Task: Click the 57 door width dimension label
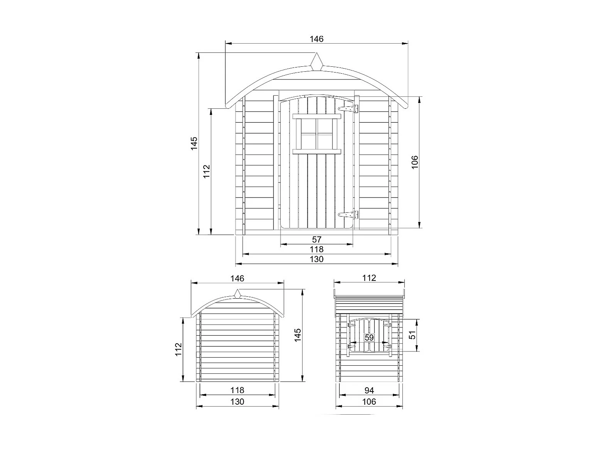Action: (317, 240)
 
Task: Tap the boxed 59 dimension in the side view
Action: (369, 338)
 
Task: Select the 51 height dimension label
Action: (413, 335)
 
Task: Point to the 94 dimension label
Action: (369, 390)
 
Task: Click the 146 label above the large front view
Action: (317, 39)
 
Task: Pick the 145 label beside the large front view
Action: (194, 143)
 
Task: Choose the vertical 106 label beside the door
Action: (415, 162)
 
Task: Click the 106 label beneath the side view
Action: (369, 402)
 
